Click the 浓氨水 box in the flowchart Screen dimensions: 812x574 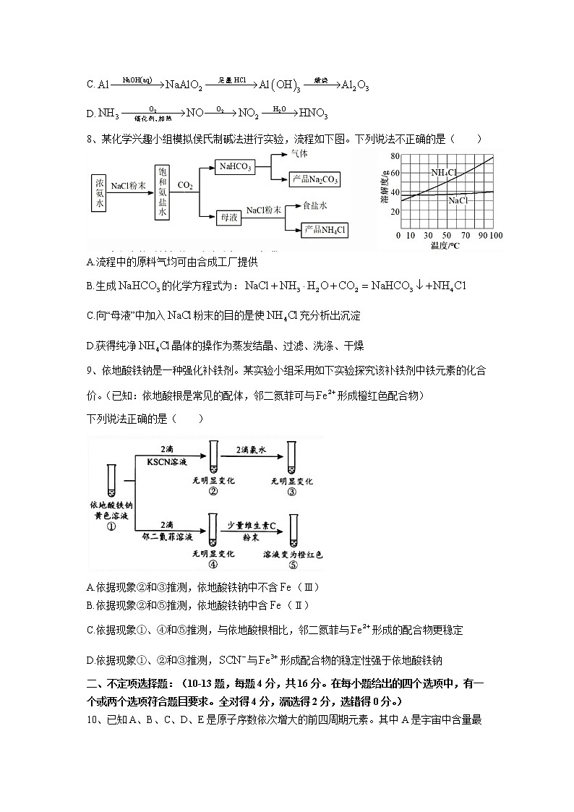click(100, 192)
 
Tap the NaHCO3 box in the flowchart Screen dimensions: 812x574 click(235, 167)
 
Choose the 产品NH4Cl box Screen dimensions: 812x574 click(325, 229)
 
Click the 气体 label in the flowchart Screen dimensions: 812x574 click(299, 155)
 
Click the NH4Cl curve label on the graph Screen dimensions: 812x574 click(444, 173)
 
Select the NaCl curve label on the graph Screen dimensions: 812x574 click(457, 200)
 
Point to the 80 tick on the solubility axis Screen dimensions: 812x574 click(395, 156)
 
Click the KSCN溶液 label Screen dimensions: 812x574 click(167, 461)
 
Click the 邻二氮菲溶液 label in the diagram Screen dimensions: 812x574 click(167, 537)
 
